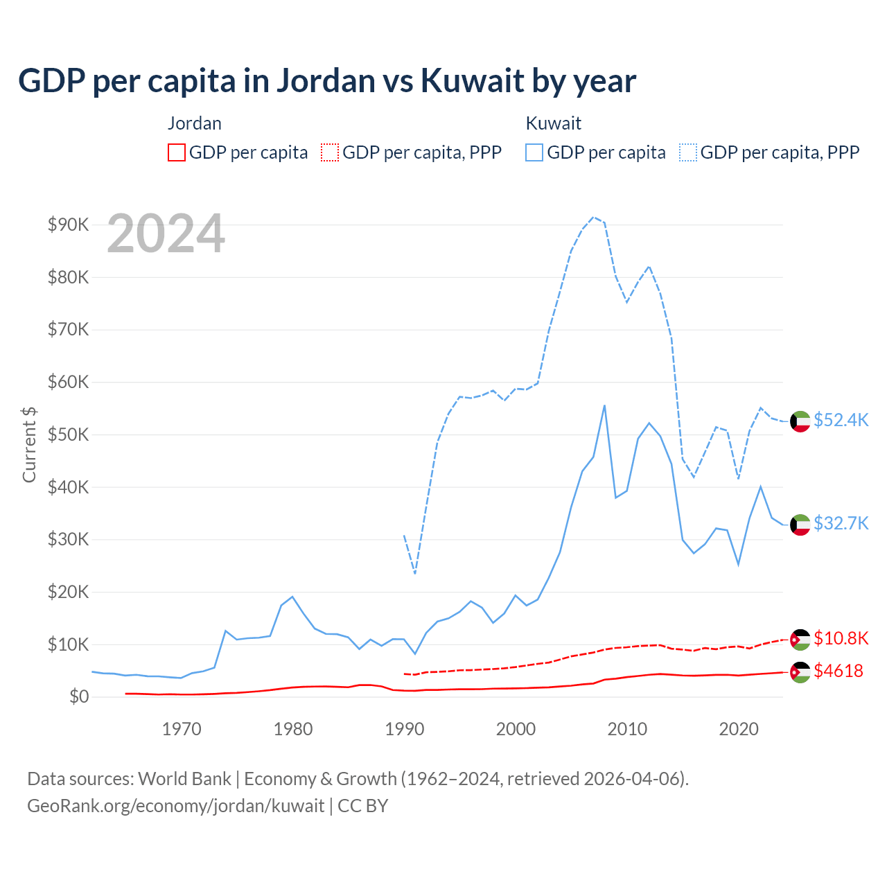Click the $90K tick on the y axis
click(x=68, y=225)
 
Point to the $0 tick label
click(x=79, y=696)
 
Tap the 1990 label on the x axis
click(x=405, y=729)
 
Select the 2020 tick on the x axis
click(x=739, y=729)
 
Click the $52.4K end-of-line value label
click(x=841, y=420)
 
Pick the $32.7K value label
click(x=841, y=523)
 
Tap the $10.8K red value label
click(x=841, y=638)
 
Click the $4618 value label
click(x=838, y=671)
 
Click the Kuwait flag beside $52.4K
click(x=800, y=421)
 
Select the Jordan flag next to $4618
click(x=800, y=672)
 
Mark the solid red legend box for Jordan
click(x=177, y=152)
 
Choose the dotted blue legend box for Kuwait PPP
click(x=688, y=152)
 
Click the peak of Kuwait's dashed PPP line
click(x=593, y=217)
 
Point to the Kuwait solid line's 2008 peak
click(x=604, y=405)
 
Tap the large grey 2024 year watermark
click(x=166, y=234)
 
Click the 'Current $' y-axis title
click(x=29, y=444)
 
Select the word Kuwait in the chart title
click(x=472, y=80)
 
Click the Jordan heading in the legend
click(x=195, y=123)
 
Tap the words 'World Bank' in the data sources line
click(x=184, y=779)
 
